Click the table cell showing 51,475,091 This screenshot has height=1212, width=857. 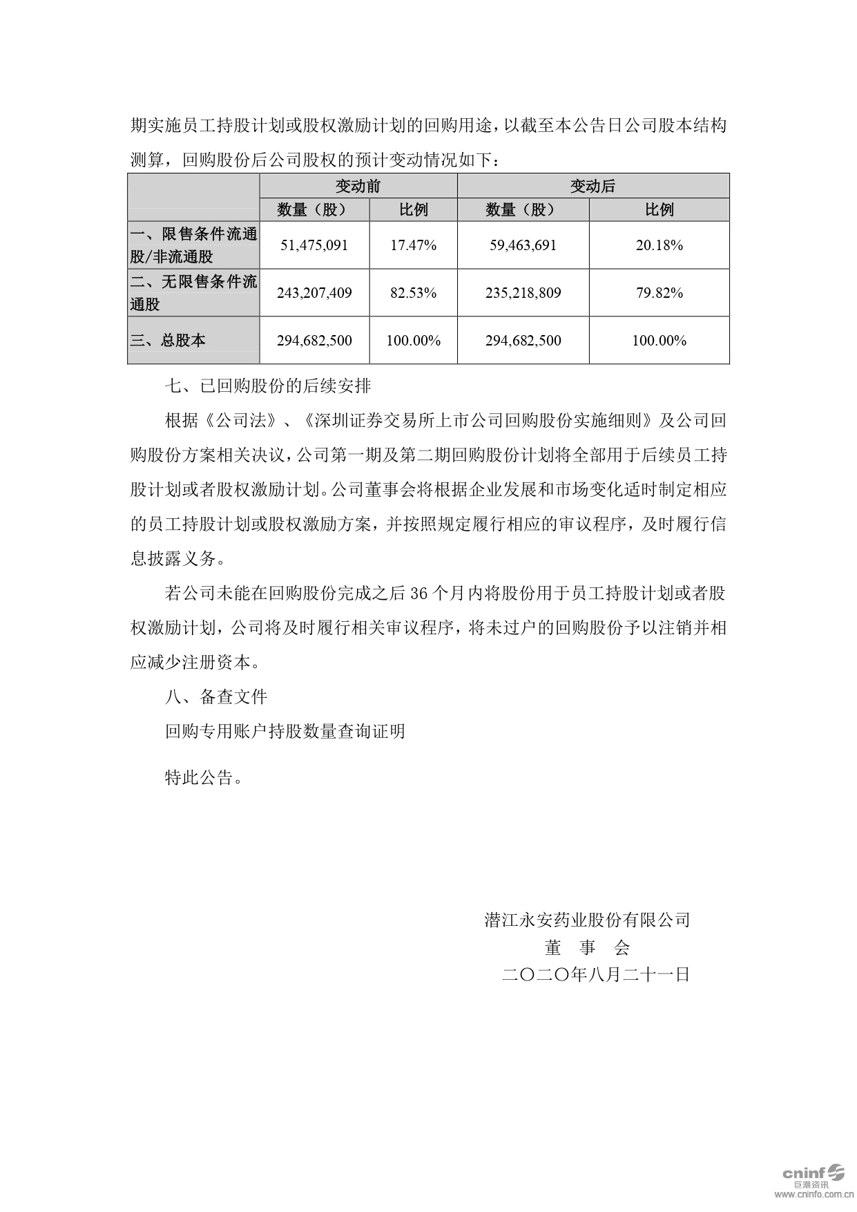[314, 245]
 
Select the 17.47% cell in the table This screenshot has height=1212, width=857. [413, 245]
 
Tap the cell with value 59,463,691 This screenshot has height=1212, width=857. [523, 245]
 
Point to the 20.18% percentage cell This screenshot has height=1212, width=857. [659, 245]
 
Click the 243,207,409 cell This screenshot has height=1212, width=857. [314, 293]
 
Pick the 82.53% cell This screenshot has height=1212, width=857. [413, 293]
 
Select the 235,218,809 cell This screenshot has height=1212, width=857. [523, 293]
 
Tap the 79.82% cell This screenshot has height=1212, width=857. [659, 293]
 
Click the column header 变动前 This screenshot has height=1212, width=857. [358, 186]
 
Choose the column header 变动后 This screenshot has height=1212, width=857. [593, 186]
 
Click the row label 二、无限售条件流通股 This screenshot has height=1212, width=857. [193, 293]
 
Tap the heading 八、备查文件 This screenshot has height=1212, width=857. [216, 697]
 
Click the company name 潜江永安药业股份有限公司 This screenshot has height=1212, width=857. [587, 920]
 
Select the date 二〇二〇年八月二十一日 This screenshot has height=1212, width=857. [596, 975]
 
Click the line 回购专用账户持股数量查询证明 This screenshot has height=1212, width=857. [285, 732]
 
